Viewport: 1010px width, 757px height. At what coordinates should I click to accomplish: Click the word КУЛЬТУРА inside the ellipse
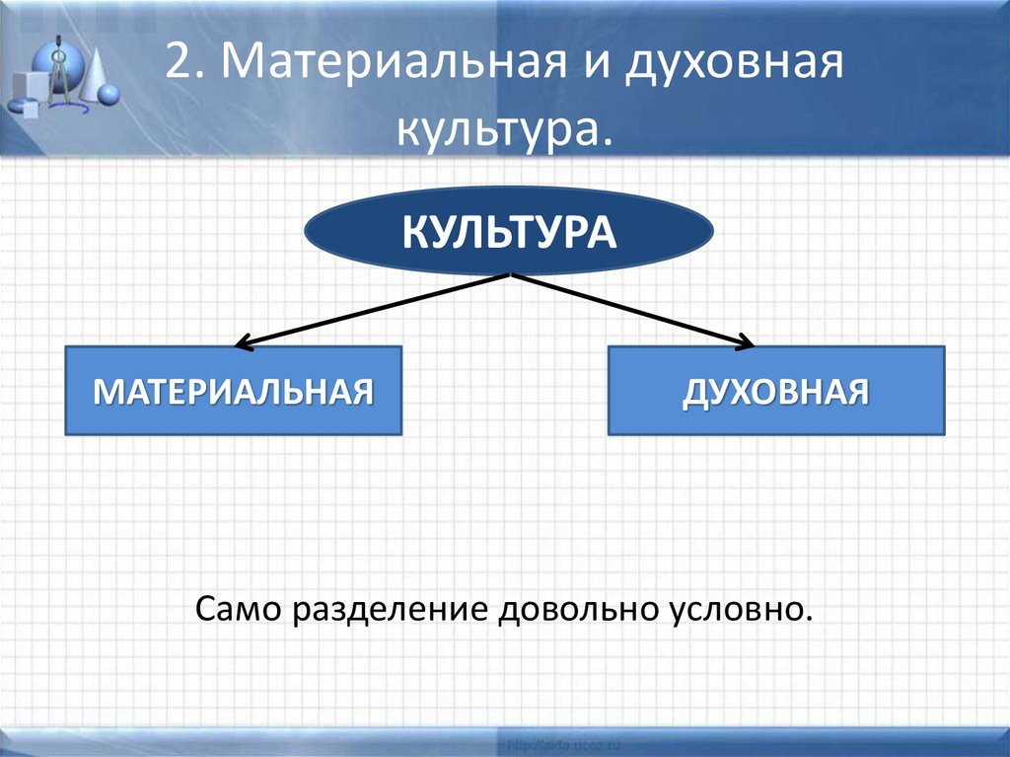509,234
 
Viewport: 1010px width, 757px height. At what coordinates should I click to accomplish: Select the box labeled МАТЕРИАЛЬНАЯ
233,391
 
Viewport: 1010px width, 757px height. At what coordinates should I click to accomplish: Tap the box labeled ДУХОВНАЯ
776,391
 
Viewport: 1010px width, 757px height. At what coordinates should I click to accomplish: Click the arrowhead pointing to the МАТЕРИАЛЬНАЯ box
241,344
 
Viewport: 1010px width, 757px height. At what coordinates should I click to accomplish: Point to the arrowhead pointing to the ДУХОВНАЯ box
747,344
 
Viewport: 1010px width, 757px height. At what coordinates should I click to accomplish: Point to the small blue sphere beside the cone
109,95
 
